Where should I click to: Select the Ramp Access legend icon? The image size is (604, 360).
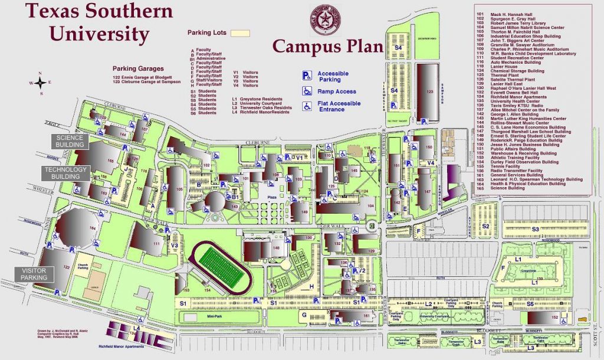[x=307, y=91]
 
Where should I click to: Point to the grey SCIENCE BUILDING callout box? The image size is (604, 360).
[x=70, y=141]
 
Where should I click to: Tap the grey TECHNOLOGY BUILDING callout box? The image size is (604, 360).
[x=65, y=173]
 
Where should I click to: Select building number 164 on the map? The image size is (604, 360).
[x=91, y=228]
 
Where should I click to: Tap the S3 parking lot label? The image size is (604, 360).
[x=536, y=228]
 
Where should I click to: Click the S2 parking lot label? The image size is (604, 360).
[x=486, y=225]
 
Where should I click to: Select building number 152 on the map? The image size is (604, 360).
[x=554, y=317]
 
